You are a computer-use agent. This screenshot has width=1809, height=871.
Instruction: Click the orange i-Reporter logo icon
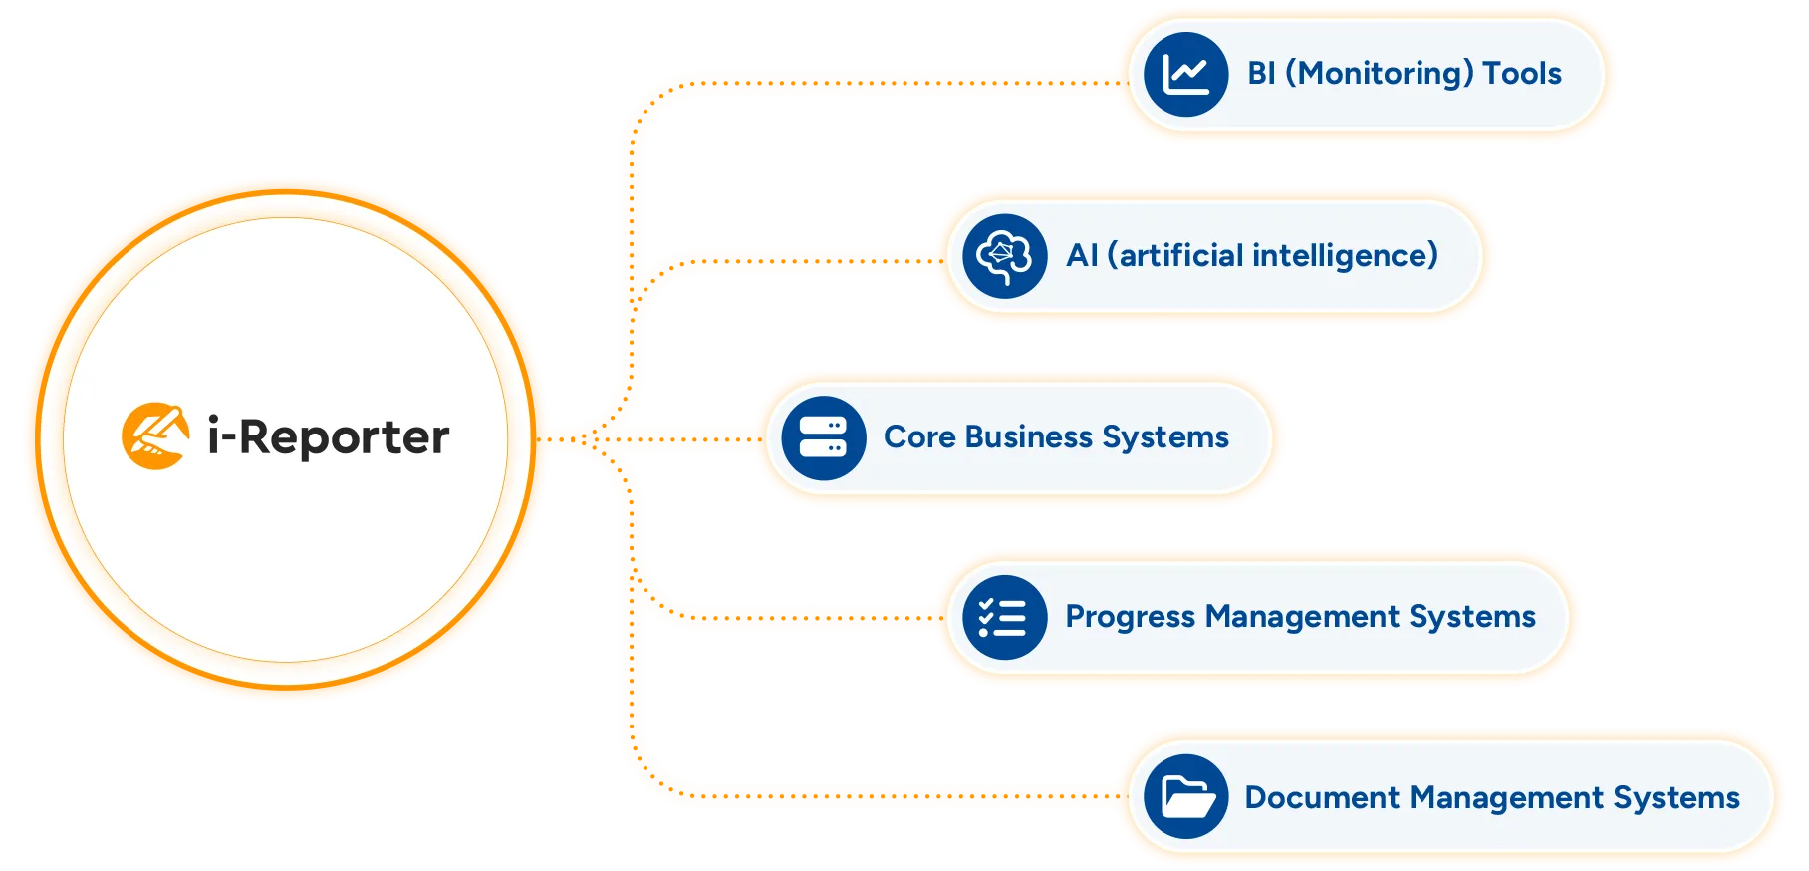pyautogui.click(x=155, y=435)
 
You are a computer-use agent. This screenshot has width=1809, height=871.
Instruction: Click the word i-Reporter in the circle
pyautogui.click(x=329, y=436)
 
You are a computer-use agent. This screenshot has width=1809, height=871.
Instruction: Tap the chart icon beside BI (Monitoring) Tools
pyautogui.click(x=1185, y=74)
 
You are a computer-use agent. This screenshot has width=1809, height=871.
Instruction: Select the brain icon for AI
pyautogui.click(x=1004, y=256)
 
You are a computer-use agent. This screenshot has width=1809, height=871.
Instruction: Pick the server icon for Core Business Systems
pyautogui.click(x=823, y=438)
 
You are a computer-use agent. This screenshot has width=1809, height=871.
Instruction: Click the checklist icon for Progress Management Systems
pyautogui.click(x=1004, y=618)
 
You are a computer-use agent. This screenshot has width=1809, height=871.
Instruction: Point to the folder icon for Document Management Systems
pyautogui.click(x=1185, y=797)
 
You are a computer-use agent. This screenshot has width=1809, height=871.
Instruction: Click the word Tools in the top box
pyautogui.click(x=1522, y=73)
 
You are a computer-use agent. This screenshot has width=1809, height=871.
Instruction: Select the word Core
pyautogui.click(x=919, y=437)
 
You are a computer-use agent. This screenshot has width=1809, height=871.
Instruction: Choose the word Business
pyautogui.click(x=1029, y=437)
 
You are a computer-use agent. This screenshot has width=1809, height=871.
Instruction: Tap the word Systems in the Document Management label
pyautogui.click(x=1677, y=797)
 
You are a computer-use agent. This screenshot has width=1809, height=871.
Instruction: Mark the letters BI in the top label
pyautogui.click(x=1261, y=73)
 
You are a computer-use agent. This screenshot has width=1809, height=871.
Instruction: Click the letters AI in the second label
pyautogui.click(x=1082, y=256)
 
